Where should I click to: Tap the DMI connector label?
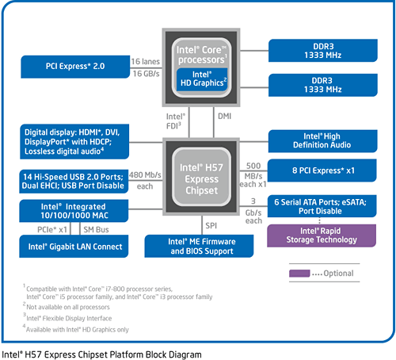click(224, 116)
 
